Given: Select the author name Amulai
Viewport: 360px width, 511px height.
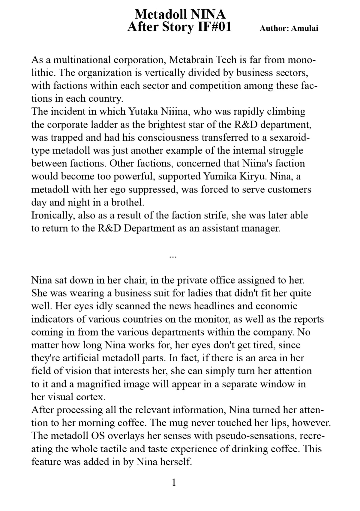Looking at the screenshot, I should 304,28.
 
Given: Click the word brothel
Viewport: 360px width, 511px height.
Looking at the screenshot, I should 127,202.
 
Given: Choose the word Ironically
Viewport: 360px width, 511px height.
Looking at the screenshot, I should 53,215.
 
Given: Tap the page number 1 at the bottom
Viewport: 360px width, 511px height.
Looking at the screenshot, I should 173,482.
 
